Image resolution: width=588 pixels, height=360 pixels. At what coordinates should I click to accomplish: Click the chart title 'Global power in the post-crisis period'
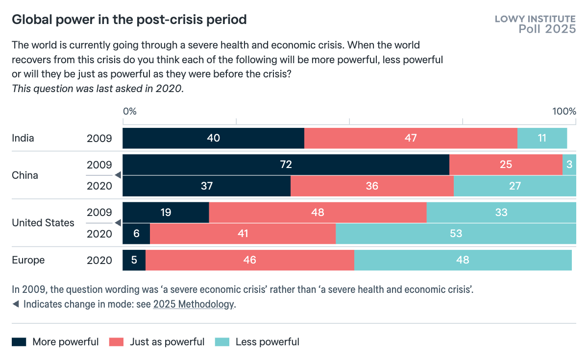pos(129,20)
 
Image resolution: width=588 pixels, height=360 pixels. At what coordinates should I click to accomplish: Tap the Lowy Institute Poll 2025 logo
pos(535,24)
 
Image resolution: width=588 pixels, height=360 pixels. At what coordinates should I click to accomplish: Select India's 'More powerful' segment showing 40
pos(213,138)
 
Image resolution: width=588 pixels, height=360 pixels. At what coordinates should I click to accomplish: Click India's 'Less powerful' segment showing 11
pos(542,138)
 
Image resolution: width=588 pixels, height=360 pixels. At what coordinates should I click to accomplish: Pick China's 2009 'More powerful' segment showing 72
pos(286,165)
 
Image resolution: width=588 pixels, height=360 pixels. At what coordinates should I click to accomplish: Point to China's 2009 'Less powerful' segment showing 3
pos(569,165)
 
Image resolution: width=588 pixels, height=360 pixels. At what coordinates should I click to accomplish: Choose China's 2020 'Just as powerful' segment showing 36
pos(372,186)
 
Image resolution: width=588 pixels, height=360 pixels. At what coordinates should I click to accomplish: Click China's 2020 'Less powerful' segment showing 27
pos(514,186)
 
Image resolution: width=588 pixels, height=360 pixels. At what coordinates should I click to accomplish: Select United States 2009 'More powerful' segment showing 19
pos(166,213)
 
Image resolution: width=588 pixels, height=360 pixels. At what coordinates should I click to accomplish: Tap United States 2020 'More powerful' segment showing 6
pos(136,234)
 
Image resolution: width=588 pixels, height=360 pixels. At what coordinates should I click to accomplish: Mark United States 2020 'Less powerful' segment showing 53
pos(456,234)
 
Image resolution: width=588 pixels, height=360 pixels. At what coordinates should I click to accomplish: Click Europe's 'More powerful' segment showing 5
pos(134,260)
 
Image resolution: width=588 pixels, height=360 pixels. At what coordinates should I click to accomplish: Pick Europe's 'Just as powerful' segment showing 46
pos(249,260)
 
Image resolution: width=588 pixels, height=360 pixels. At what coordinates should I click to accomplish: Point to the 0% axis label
pos(129,111)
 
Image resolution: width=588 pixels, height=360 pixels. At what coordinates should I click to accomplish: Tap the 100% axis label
pos(564,111)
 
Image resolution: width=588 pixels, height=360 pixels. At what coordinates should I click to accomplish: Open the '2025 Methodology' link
pos(194,304)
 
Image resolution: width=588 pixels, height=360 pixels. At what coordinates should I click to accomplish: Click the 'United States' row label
pos(43,223)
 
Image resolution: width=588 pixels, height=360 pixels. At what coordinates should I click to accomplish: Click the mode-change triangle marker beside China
pos(117,175)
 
